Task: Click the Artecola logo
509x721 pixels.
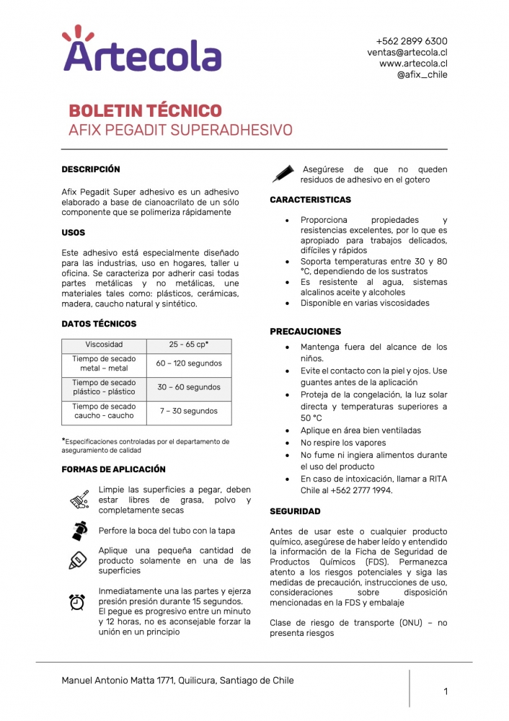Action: pyautogui.click(x=141, y=50)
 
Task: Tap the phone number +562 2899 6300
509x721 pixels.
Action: pyautogui.click(x=412, y=41)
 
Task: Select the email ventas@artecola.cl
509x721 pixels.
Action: pyautogui.click(x=407, y=53)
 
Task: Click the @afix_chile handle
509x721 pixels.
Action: pyautogui.click(x=422, y=74)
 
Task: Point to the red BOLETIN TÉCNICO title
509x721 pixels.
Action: pyautogui.click(x=145, y=111)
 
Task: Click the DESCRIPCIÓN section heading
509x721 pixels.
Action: pyautogui.click(x=91, y=169)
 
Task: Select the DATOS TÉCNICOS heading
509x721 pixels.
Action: pyautogui.click(x=99, y=324)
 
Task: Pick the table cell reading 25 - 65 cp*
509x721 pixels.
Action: pyautogui.click(x=189, y=345)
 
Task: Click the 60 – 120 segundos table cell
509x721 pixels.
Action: pyautogui.click(x=189, y=363)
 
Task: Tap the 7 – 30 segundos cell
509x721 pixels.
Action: pyautogui.click(x=189, y=411)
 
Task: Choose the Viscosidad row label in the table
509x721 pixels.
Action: pyautogui.click(x=104, y=345)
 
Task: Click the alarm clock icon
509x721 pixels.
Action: pyautogui.click(x=77, y=602)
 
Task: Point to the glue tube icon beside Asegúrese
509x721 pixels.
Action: pyautogui.click(x=282, y=174)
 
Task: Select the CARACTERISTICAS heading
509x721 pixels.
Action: pyautogui.click(x=311, y=200)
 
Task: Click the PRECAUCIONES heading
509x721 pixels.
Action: pyautogui.click(x=306, y=332)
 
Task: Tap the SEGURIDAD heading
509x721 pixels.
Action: pyautogui.click(x=295, y=511)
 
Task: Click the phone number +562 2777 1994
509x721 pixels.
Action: pyautogui.click(x=363, y=491)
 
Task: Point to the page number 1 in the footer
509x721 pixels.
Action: pyautogui.click(x=446, y=692)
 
